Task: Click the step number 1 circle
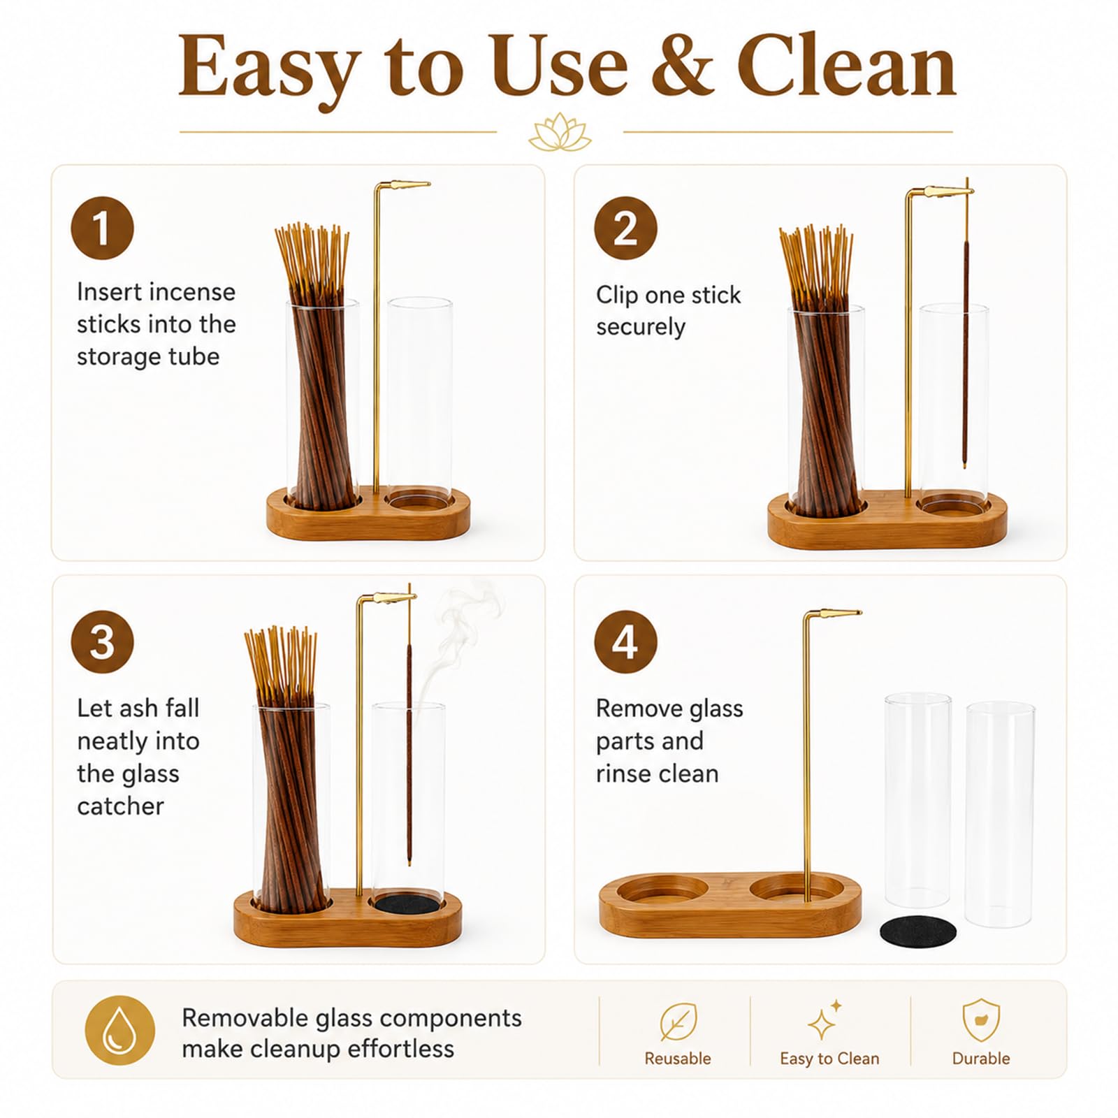pos(102,228)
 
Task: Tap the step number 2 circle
pos(625,228)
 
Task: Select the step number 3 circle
pos(102,642)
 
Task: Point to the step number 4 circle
pos(625,642)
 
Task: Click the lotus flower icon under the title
pos(560,132)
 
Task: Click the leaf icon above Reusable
pos(678,1022)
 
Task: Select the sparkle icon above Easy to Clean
pos(825,1020)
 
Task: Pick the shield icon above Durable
pos(981,1020)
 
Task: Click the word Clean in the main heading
pos(846,67)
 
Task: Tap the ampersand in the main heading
pos(682,67)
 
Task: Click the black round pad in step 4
pos(918,931)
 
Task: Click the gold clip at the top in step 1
pos(403,186)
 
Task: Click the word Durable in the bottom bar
pos(981,1059)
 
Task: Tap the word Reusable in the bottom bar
pos(678,1059)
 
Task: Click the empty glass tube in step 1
pos(419,402)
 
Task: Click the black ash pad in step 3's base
pos(407,903)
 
